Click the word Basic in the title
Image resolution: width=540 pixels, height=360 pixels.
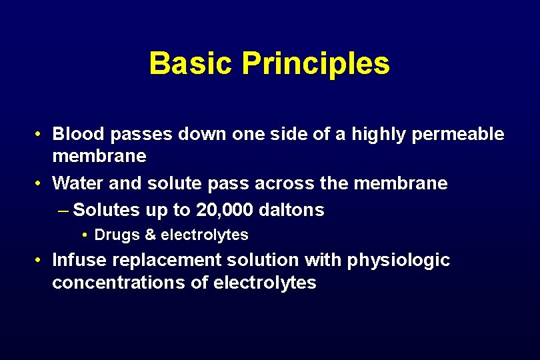pyautogui.click(x=191, y=63)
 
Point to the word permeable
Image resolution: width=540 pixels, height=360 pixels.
pyautogui.click(x=459, y=134)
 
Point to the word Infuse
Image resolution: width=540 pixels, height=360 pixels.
pyautogui.click(x=77, y=259)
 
